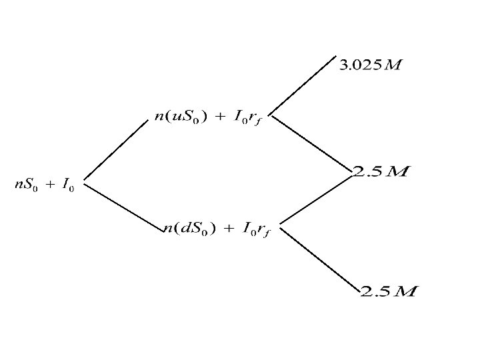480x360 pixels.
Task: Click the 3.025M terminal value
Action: [371, 65]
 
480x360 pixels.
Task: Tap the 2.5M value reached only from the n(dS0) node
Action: [389, 291]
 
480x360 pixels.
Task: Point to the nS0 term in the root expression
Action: [27, 185]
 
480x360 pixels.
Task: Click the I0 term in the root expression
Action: [67, 186]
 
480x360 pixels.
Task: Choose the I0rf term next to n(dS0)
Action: [256, 230]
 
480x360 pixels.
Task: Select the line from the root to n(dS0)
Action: [123, 204]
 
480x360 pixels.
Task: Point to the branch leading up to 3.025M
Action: [303, 84]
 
